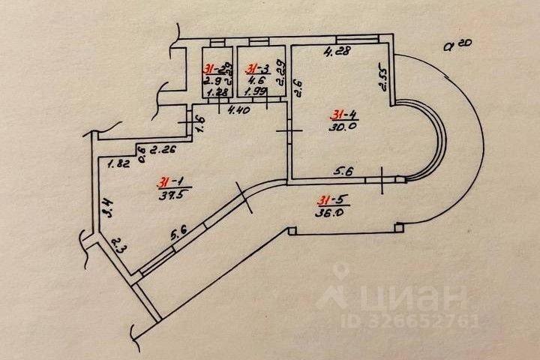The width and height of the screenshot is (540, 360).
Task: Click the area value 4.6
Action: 257,78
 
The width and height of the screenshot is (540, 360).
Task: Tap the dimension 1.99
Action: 256,93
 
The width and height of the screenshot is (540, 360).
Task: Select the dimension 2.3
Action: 118,244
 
